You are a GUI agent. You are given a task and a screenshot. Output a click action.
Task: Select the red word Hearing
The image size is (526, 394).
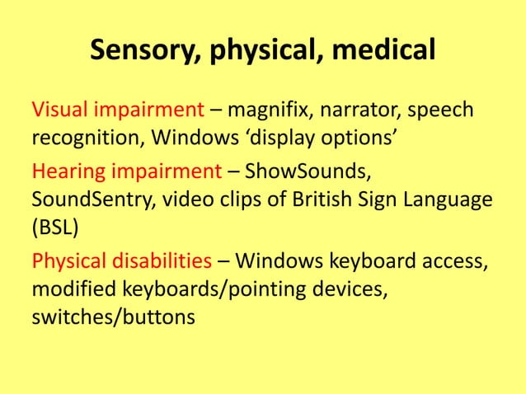pos(65,172)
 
